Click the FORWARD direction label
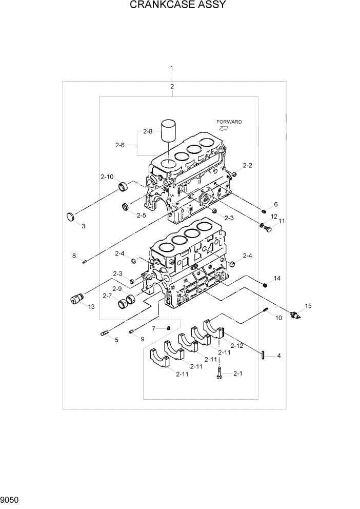(x=229, y=122)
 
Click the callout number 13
(x=91, y=307)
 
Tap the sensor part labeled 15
(x=296, y=315)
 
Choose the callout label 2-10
(x=107, y=177)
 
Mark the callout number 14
(x=277, y=279)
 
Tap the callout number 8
(x=74, y=255)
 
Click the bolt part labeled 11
(x=267, y=229)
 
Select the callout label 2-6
(x=119, y=145)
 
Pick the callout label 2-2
(x=247, y=165)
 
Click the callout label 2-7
(x=107, y=296)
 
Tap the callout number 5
(x=116, y=340)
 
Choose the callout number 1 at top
(x=172, y=68)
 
